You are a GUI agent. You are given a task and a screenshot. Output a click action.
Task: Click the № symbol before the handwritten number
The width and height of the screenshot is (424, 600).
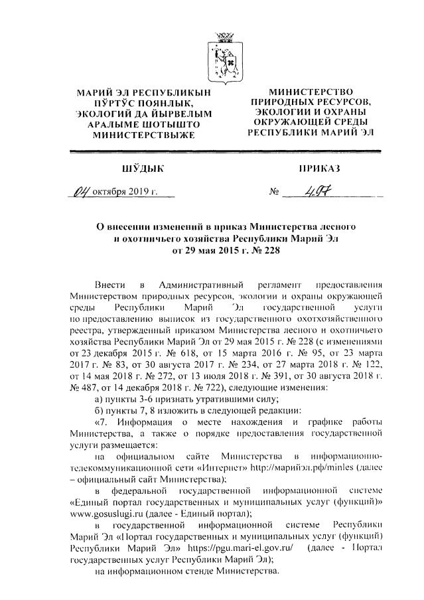point(272,193)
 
